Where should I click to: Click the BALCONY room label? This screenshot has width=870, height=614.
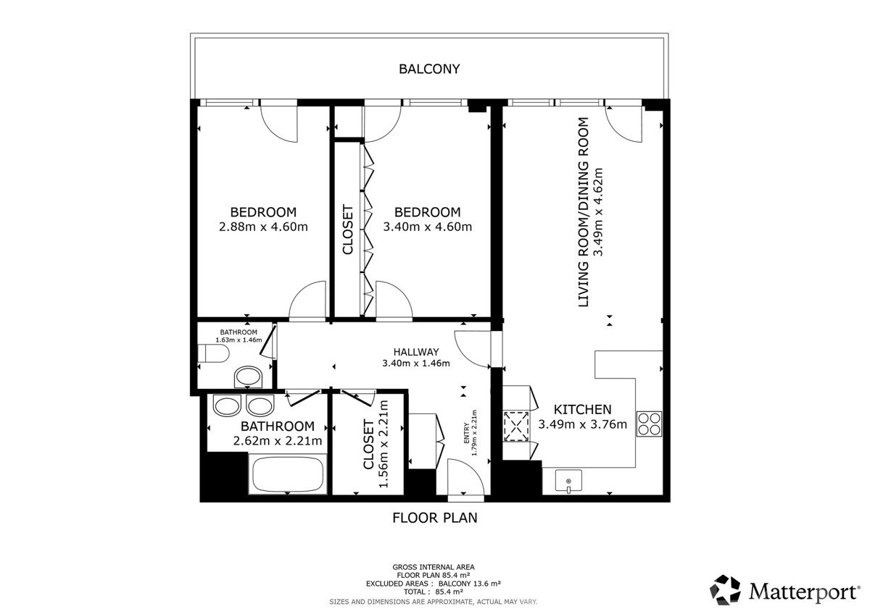click(x=429, y=69)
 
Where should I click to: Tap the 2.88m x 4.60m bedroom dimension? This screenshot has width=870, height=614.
click(x=263, y=227)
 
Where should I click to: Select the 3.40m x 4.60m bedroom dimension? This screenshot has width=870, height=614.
click(x=428, y=227)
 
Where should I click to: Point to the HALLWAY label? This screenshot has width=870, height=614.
click(x=416, y=352)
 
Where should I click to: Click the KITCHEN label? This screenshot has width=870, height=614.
click(x=582, y=410)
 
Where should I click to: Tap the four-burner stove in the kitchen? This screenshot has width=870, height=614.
click(x=649, y=424)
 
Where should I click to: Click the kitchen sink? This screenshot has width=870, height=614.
click(x=568, y=481)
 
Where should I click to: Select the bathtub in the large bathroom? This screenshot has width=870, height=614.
click(x=288, y=475)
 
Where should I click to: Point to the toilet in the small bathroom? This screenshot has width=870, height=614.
click(x=213, y=353)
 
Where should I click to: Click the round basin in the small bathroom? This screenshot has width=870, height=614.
click(x=248, y=377)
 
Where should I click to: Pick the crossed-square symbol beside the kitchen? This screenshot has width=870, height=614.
click(x=516, y=426)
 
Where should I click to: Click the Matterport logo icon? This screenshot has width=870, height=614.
click(x=725, y=590)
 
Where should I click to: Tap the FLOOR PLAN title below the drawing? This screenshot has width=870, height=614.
click(x=434, y=518)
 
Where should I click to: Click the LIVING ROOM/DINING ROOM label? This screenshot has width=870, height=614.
click(x=584, y=212)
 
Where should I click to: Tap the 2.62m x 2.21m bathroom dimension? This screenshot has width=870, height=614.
click(x=277, y=441)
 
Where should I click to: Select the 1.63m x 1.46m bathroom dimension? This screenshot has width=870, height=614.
click(x=239, y=340)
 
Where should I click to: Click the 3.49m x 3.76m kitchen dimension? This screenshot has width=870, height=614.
click(x=582, y=424)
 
